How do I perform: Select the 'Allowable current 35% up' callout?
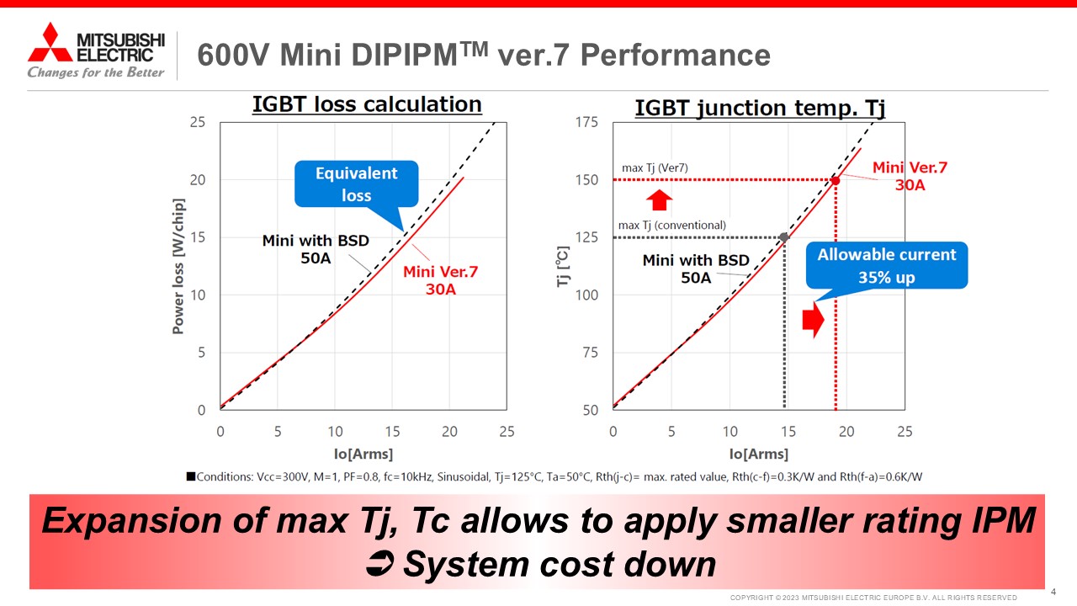pos(887,265)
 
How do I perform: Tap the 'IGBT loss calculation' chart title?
pos(367,104)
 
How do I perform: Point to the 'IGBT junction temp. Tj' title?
pos(759,108)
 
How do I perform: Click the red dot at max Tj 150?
pos(836,180)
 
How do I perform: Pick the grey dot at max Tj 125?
pos(784,237)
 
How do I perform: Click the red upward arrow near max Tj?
pos(660,199)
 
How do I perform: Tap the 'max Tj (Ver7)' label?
pos(655,168)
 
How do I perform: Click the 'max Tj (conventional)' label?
pos(671,226)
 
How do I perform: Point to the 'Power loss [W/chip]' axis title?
pos(178,266)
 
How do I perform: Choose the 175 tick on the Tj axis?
pos(586,123)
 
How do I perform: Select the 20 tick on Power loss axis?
pos(198,180)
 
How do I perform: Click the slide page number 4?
pos(1053,591)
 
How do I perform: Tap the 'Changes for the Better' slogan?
pos(96,72)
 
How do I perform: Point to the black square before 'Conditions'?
pos(191,476)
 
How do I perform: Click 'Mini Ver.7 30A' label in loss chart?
pos(440,280)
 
